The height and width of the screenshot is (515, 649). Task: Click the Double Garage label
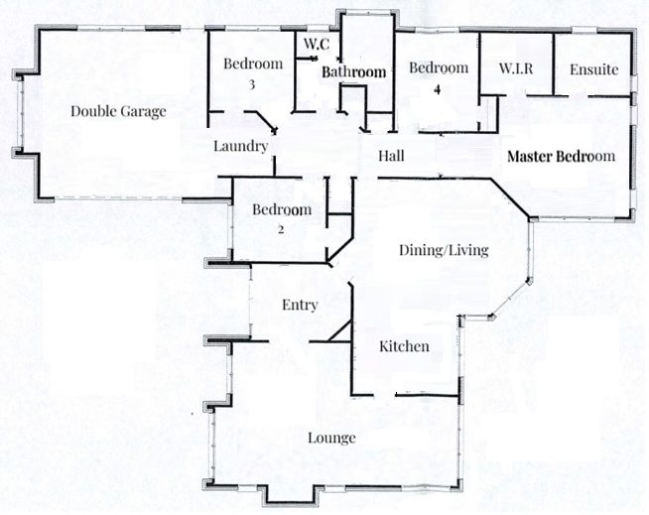pos(118,111)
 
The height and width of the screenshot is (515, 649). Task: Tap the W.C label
pos(317,44)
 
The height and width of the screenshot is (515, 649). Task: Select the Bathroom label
pos(354,72)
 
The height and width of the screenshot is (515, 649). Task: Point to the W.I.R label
pos(516,68)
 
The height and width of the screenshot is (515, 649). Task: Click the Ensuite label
pos(594,69)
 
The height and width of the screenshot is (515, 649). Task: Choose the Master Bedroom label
pos(561,156)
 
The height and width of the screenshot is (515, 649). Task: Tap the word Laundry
pos(240,147)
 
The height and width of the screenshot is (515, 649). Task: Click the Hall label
pos(391,156)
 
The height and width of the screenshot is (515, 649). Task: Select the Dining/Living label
pos(444,250)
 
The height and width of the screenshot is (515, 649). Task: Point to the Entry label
pos(300,305)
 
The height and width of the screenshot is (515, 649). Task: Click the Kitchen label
pos(404,346)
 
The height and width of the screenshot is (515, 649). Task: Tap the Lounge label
pos(331,438)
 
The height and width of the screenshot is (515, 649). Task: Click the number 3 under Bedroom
pos(252,85)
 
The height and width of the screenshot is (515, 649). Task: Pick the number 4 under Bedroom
pos(438,89)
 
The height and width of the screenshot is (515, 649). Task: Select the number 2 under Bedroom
pos(281,229)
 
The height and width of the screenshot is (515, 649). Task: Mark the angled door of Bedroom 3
pos(266,121)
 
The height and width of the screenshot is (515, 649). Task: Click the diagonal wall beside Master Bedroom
pos(509,197)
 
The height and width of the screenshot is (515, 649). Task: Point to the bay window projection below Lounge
pos(291,496)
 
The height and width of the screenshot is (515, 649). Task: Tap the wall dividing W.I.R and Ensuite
pos(554,64)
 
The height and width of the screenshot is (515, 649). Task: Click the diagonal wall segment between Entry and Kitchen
pos(340,331)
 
